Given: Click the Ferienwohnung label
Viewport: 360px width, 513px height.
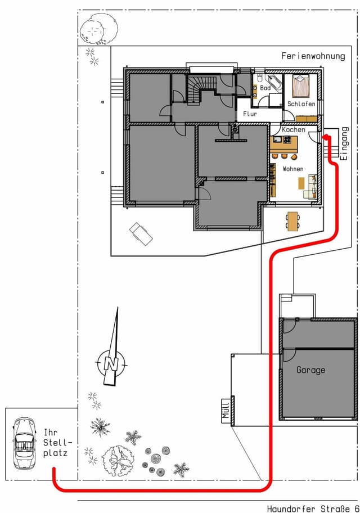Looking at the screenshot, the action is pyautogui.click(x=313, y=56).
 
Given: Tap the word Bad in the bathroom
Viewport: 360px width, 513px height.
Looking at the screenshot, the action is pyautogui.click(x=265, y=88).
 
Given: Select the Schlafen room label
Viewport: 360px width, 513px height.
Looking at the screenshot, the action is pyautogui.click(x=301, y=103).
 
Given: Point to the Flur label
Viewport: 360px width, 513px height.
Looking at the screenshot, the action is pyautogui.click(x=250, y=114).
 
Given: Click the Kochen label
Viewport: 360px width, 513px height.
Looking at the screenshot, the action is pyautogui.click(x=294, y=129).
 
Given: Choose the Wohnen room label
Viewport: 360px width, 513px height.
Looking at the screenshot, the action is pyautogui.click(x=293, y=169).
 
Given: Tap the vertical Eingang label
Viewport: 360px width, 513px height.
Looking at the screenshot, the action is pyautogui.click(x=344, y=143).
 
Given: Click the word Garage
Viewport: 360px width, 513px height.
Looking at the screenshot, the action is pyautogui.click(x=310, y=370).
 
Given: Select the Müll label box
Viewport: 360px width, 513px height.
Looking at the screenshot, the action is pyautogui.click(x=226, y=410).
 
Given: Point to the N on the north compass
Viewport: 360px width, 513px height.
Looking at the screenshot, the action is pyautogui.click(x=111, y=363).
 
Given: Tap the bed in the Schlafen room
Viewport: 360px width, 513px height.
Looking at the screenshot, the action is pyautogui.click(x=301, y=85).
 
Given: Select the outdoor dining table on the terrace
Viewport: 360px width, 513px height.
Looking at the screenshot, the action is pyautogui.click(x=293, y=221).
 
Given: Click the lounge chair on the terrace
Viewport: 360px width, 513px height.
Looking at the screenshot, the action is pyautogui.click(x=141, y=233).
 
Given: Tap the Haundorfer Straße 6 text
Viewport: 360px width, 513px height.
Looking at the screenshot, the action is pyautogui.click(x=313, y=508).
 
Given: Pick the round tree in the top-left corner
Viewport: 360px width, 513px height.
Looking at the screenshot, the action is pyautogui.click(x=98, y=29).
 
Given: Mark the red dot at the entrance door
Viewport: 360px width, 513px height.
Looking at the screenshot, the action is pyautogui.click(x=326, y=137).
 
